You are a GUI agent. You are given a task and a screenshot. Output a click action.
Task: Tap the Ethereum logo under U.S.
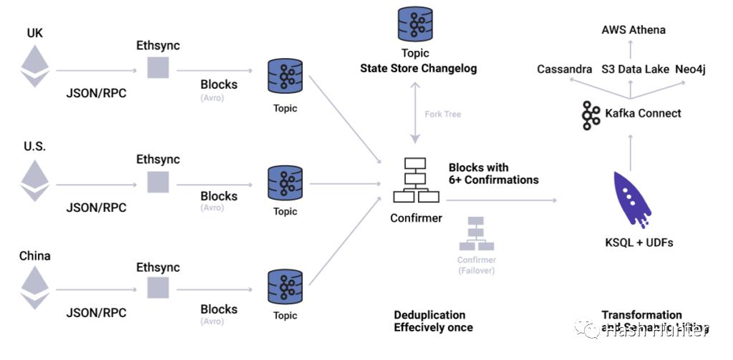click(x=35, y=180)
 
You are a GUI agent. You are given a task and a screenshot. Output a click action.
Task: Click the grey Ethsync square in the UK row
click(x=157, y=68)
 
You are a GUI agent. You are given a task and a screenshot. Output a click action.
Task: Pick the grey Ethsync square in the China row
click(x=157, y=288)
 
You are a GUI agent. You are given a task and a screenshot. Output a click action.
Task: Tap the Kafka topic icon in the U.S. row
click(x=284, y=184)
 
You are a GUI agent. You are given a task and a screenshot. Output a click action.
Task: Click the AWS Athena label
click(x=633, y=30)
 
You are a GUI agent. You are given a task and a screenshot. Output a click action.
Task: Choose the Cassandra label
click(x=565, y=69)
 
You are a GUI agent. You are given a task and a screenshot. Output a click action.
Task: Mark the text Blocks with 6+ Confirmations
click(x=493, y=174)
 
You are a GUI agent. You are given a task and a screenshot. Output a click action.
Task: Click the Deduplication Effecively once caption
click(x=433, y=321)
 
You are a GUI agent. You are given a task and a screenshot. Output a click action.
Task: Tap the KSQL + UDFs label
click(x=639, y=243)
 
